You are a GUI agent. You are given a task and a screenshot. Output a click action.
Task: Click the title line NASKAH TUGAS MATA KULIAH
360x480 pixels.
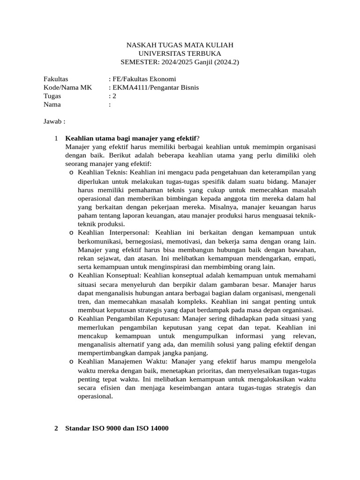[180, 45]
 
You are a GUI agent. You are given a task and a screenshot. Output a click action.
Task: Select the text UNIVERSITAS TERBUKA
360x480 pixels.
[180, 53]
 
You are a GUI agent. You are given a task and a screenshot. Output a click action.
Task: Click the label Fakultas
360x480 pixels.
[56, 79]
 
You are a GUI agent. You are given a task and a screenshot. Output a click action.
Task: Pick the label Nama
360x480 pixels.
[52, 105]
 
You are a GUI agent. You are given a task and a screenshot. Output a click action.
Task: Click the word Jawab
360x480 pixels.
[53, 121]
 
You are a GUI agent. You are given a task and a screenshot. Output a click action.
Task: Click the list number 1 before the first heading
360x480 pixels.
[56, 138]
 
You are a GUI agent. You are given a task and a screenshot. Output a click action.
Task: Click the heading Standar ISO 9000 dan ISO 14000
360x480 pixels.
[117, 428]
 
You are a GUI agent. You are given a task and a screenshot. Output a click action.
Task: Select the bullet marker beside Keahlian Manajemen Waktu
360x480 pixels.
[71, 362]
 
